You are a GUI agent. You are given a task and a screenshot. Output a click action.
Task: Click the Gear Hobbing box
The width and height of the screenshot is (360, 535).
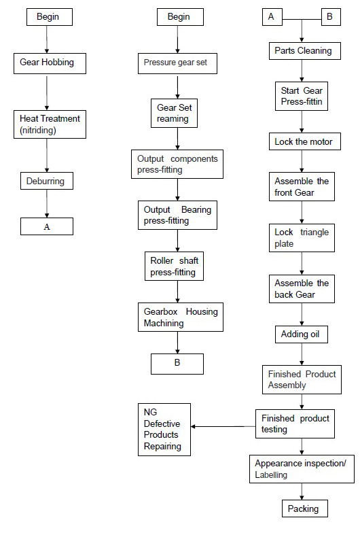coord(50,63)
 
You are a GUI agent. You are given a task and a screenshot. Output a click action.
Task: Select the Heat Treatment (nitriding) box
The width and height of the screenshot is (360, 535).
coord(50,124)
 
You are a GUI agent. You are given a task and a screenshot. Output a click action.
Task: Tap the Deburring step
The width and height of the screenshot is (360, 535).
coord(47,181)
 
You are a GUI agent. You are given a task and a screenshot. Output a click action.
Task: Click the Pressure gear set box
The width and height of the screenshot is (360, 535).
coord(177,63)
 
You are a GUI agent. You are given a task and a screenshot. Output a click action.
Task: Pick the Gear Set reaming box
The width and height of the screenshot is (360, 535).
coord(174,114)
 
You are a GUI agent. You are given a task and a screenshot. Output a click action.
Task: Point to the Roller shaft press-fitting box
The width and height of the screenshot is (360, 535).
coord(174,266)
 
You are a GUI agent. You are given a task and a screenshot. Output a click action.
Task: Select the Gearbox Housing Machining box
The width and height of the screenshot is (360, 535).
coord(181,317)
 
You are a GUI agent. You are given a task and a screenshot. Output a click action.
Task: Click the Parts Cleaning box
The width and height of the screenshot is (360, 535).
coord(305,51)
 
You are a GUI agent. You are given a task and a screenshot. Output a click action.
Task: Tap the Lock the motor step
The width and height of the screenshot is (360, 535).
coord(305,141)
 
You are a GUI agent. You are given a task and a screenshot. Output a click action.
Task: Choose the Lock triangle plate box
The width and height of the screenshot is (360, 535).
coord(302,238)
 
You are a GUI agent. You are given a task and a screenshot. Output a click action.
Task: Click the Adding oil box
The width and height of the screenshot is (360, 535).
coord(302,334)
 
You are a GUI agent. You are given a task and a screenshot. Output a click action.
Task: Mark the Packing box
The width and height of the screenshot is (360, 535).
coord(305,508)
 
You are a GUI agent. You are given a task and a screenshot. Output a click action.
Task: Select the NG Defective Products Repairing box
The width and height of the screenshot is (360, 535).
coord(164,430)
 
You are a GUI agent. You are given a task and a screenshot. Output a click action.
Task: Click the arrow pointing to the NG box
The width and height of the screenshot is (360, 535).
coord(223,426)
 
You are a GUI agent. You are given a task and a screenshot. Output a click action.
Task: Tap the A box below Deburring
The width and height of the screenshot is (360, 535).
coord(47,226)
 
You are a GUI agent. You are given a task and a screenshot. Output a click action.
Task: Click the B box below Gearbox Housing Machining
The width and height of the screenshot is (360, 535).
coord(177,364)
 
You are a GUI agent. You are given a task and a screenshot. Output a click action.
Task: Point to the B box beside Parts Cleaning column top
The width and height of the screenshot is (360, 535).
coord(331,17)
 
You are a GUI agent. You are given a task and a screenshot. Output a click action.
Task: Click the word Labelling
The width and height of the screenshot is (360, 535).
coord(271,474)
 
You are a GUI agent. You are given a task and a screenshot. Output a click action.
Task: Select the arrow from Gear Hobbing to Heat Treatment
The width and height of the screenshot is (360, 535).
coord(47,92)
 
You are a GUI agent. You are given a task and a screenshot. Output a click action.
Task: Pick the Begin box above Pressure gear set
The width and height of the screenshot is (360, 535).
coord(180,17)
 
